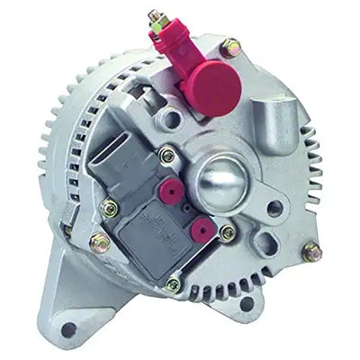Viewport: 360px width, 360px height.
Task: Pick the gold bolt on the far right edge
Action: (x=311, y=252)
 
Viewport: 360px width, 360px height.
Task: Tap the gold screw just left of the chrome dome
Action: (x=166, y=155)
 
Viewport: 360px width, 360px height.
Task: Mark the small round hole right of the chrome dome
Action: (x=272, y=207)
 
